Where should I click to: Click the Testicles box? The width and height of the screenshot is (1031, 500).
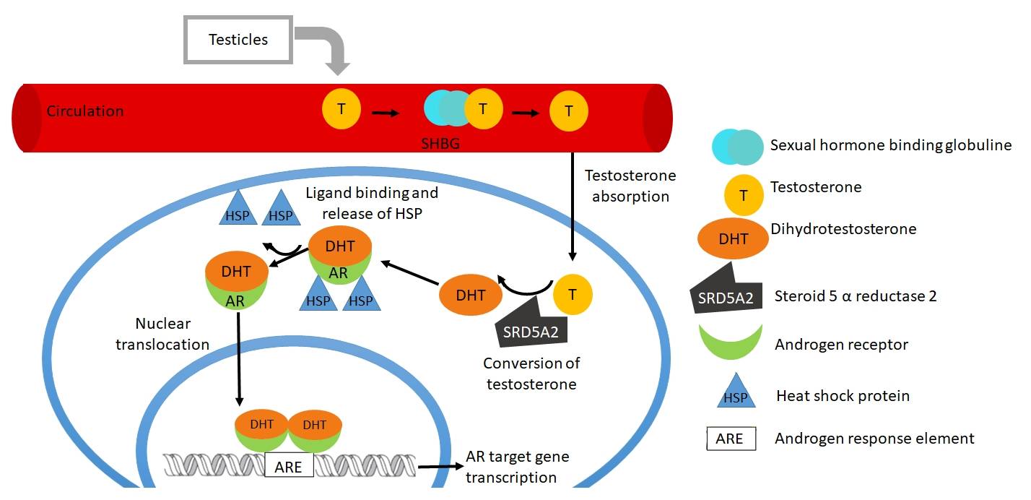click(x=238, y=40)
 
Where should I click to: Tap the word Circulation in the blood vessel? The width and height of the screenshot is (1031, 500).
click(x=85, y=111)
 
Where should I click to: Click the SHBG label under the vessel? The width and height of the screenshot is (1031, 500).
click(x=440, y=145)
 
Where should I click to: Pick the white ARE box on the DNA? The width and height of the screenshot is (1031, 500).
click(x=289, y=466)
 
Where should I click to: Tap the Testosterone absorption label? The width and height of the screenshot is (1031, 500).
click(x=630, y=186)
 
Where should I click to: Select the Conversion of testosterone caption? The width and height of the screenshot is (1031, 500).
click(x=531, y=374)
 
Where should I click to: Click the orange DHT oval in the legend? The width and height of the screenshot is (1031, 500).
click(x=733, y=238)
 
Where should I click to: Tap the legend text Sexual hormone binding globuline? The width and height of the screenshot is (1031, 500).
click(x=891, y=145)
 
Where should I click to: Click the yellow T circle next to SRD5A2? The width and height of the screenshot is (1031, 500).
click(x=573, y=294)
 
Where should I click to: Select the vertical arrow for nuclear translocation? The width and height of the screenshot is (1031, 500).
click(x=239, y=361)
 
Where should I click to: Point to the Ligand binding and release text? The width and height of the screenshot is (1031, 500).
click(x=371, y=204)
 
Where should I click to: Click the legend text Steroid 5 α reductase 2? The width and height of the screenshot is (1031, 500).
click(x=856, y=296)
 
